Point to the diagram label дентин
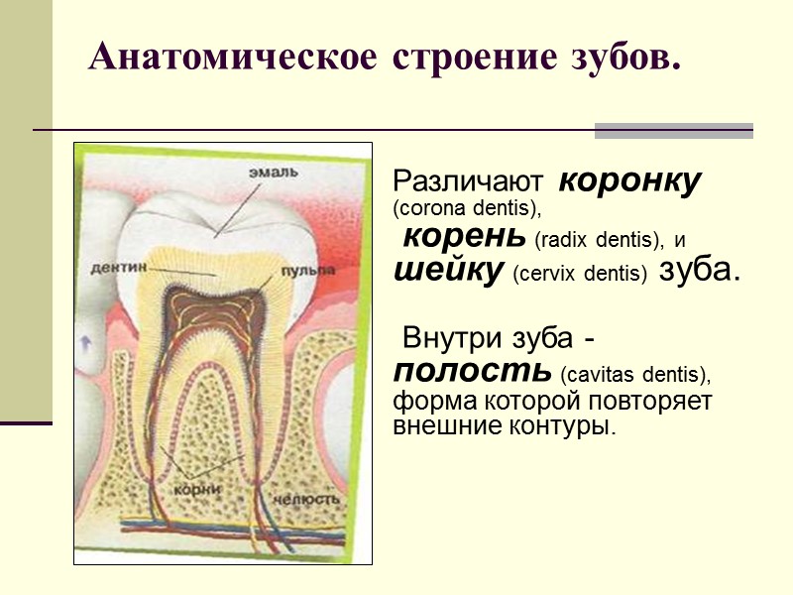coord(119,267)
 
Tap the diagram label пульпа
coord(307,270)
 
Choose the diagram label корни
coord(195,488)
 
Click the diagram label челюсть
coord(308,498)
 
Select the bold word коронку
coord(630,181)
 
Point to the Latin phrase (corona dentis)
coord(468,210)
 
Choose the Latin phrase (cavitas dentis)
coord(635,375)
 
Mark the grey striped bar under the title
coord(673,131)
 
